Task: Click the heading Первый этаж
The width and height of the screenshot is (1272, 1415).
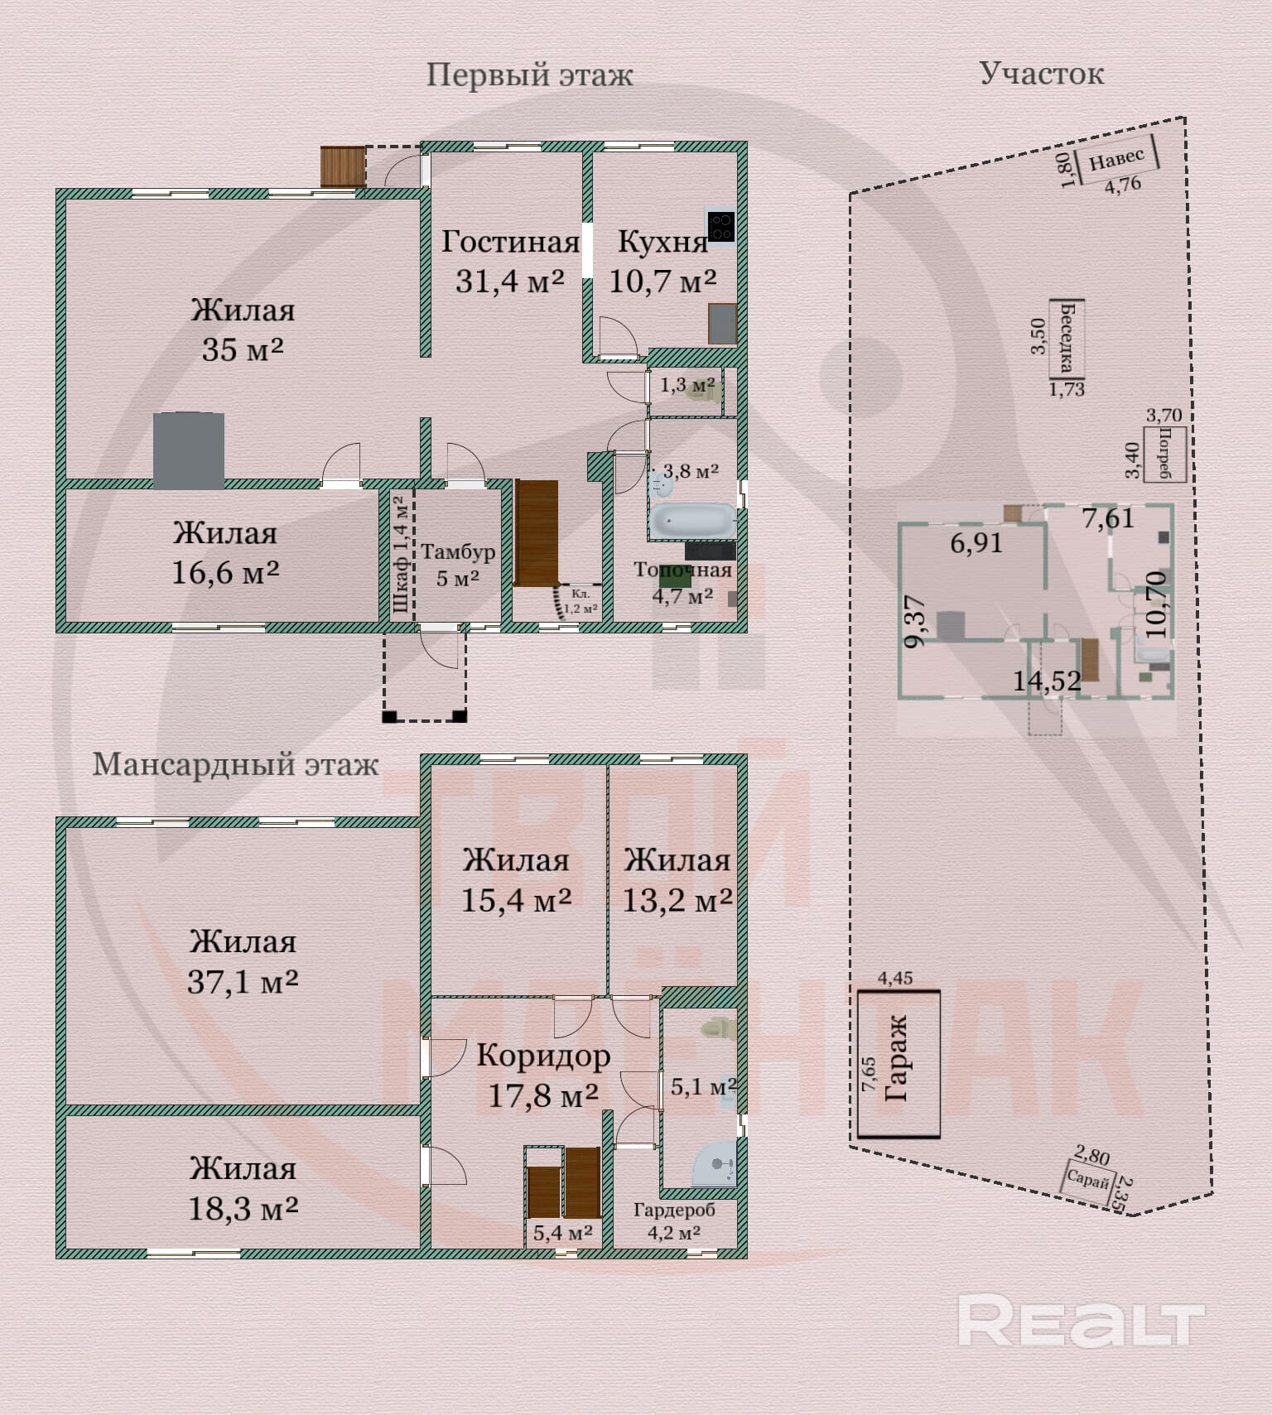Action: tap(529, 75)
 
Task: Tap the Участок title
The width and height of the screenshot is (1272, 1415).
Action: tap(1041, 74)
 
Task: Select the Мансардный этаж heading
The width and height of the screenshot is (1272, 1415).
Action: tap(235, 764)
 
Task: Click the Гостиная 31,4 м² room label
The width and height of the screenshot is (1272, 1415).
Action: tap(510, 261)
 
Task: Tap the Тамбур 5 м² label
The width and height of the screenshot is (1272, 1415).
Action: tap(457, 565)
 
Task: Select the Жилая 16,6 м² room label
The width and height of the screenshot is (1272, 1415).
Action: tap(225, 553)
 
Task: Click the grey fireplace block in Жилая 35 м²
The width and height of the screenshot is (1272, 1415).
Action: tap(189, 450)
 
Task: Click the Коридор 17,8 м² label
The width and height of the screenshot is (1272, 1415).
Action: tap(543, 1075)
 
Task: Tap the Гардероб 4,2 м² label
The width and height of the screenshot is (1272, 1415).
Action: tap(674, 1220)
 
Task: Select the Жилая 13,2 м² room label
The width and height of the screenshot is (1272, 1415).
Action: tap(677, 880)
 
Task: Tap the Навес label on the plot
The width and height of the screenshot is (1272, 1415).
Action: tap(1116, 158)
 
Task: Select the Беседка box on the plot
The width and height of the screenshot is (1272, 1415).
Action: tap(1067, 338)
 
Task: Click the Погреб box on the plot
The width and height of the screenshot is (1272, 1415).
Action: tap(1166, 454)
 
